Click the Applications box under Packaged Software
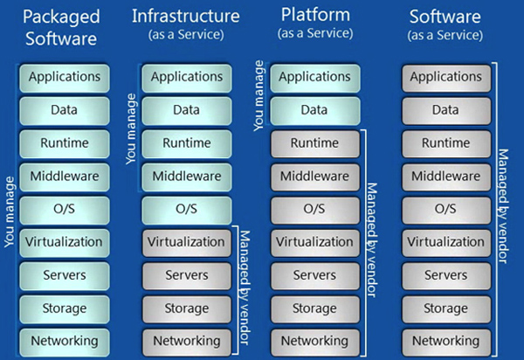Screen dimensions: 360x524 click(x=64, y=77)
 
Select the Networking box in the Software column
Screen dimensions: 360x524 click(x=445, y=340)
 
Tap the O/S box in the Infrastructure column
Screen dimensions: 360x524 click(x=186, y=209)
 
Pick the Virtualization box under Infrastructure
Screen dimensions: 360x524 click(x=186, y=241)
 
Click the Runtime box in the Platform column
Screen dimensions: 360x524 click(x=314, y=143)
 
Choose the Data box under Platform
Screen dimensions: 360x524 click(x=314, y=110)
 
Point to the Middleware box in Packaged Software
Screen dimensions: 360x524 click(x=64, y=176)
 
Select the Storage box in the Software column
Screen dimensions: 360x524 click(x=445, y=308)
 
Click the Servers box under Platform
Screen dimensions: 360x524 click(x=314, y=274)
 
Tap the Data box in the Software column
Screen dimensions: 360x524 click(x=445, y=110)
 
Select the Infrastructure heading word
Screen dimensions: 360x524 click(x=187, y=15)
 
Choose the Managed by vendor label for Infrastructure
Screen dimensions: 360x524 click(x=245, y=288)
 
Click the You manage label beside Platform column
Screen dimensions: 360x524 click(x=259, y=96)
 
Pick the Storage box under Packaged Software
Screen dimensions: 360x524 click(x=64, y=308)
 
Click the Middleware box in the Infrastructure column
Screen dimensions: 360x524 click(x=186, y=176)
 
